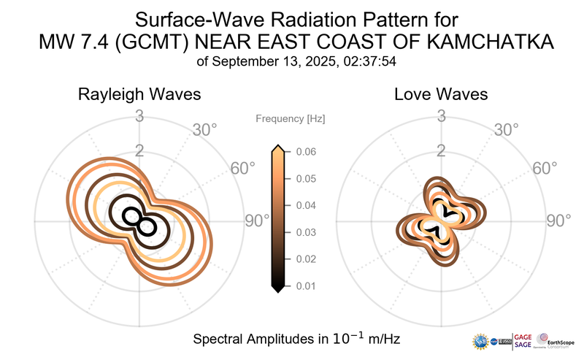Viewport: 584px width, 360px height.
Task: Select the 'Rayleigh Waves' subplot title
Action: click(140, 95)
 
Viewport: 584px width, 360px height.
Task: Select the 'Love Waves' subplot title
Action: click(441, 95)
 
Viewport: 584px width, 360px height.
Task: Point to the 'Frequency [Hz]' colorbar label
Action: click(291, 118)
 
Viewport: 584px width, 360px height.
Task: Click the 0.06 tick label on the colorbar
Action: click(306, 152)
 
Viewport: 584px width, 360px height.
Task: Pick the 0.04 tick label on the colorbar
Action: click(306, 205)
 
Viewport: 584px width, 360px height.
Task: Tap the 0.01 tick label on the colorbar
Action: click(306, 286)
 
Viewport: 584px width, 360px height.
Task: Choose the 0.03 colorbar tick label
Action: click(306, 232)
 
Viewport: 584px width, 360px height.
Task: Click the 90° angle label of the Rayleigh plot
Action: click(257, 221)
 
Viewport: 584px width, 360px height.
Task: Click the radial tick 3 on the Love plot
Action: click(441, 116)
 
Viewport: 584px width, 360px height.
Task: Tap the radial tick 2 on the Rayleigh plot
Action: click(139, 151)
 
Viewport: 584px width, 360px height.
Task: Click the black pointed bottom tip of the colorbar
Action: click(277, 288)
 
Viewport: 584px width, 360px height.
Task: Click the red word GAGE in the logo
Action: click(524, 337)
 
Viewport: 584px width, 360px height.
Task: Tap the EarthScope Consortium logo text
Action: click(561, 342)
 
